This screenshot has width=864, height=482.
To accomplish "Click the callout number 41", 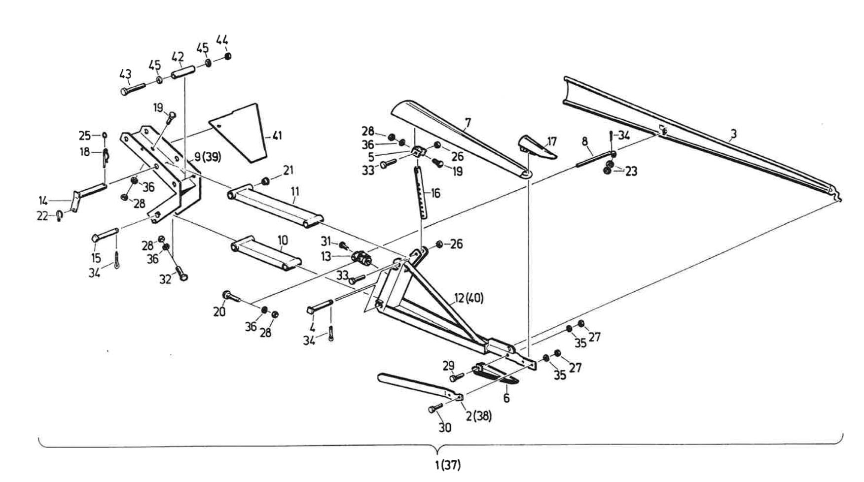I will [277, 136].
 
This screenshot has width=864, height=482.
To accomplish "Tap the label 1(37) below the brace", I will [448, 465].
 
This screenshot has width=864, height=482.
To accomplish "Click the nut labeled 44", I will [227, 56].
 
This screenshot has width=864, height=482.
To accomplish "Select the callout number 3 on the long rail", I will [733, 134].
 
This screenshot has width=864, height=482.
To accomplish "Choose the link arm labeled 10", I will [266, 254].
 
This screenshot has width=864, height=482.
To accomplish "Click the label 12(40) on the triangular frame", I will [468, 298].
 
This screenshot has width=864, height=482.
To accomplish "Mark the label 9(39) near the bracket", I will [207, 157].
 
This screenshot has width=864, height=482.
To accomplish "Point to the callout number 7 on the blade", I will [467, 121].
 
